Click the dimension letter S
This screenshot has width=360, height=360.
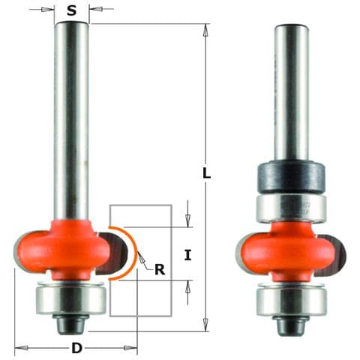71,10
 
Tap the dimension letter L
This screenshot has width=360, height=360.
207,173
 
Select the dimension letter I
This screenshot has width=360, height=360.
187,255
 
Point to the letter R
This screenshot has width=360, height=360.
159,269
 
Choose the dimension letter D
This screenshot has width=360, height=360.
76,348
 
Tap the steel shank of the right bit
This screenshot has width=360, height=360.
292,90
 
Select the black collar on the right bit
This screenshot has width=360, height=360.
292,176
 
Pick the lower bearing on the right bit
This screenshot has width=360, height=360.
292,300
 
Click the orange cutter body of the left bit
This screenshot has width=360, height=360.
71,244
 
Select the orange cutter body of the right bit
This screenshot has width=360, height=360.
292,247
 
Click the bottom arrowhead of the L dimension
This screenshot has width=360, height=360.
205,326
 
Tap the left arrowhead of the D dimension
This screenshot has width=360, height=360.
19,348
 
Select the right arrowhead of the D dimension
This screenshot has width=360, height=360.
133,348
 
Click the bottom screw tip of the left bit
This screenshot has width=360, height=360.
71,326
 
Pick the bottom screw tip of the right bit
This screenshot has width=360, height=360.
292,326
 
